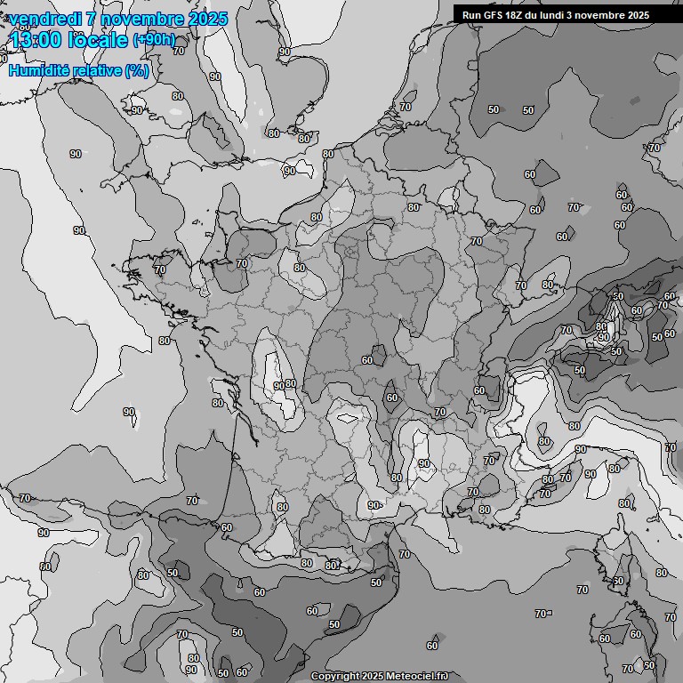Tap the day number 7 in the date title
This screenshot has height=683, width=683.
tap(92, 19)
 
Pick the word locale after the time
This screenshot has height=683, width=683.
tap(98, 40)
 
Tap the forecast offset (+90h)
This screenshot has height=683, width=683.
tap(154, 40)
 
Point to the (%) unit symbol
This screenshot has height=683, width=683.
tap(137, 70)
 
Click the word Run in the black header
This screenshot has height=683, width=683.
tap(471, 15)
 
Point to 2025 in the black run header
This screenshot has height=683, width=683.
tap(638, 15)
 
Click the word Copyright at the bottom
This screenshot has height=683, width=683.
tap(335, 677)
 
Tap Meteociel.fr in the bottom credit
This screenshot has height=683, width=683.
tap(418, 677)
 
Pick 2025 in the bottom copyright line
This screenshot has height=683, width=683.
tap(374, 677)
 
